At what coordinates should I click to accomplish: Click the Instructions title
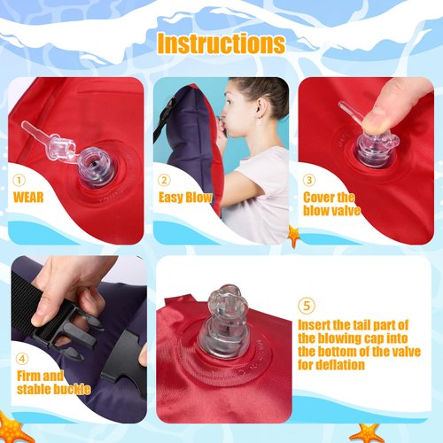tap(221, 43)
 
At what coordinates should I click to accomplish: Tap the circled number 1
tap(19, 178)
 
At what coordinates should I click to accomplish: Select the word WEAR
tap(28, 197)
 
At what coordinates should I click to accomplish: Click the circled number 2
tap(165, 178)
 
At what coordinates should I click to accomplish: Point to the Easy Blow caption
tap(185, 197)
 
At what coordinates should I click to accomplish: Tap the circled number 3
tap(309, 178)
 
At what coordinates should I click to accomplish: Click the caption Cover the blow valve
tap(329, 204)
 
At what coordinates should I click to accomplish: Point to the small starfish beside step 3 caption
tap(293, 236)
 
